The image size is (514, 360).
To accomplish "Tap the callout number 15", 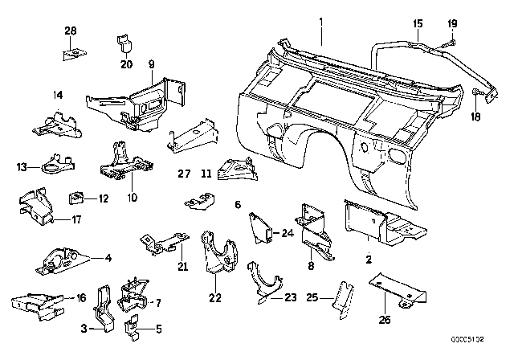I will (x=417, y=23).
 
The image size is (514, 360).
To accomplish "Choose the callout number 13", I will (x=22, y=167).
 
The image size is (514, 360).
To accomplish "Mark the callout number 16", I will (x=81, y=297).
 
